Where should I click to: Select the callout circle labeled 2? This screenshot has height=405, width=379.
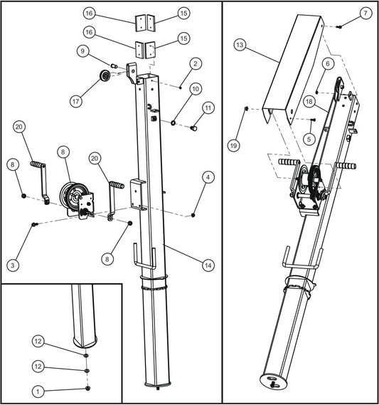tap(193, 63)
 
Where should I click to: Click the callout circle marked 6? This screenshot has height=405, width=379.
tap(327, 63)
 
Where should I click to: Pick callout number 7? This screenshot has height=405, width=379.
tap(365, 14)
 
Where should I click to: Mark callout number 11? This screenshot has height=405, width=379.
tap(208, 107)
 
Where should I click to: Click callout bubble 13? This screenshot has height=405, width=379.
tap(240, 44)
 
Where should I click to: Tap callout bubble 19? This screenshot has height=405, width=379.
tap(235, 144)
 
